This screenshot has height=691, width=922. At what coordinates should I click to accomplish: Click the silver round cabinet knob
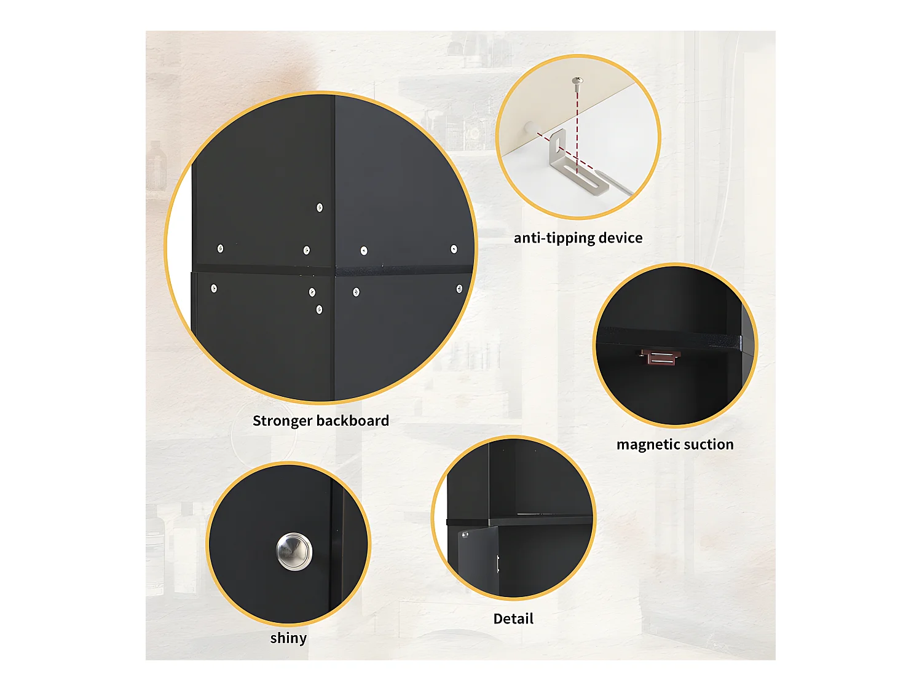[x=294, y=551]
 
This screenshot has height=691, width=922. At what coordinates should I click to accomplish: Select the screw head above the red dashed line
[x=577, y=80]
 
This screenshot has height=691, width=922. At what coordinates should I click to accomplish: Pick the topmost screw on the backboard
[x=320, y=208]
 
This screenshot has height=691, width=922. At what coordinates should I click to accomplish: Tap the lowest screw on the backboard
[x=319, y=310]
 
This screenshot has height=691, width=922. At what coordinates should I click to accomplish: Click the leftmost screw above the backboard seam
[x=220, y=248]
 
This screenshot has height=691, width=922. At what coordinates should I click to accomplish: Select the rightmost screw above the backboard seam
[x=454, y=249]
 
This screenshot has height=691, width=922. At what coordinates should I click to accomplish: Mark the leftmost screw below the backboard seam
[x=214, y=288]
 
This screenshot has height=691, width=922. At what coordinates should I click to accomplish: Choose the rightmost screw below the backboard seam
[x=459, y=289]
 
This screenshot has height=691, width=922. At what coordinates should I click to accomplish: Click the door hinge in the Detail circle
[x=465, y=534]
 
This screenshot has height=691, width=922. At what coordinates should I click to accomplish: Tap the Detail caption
[x=513, y=619]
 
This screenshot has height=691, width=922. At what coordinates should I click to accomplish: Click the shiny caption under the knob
[x=288, y=638]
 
